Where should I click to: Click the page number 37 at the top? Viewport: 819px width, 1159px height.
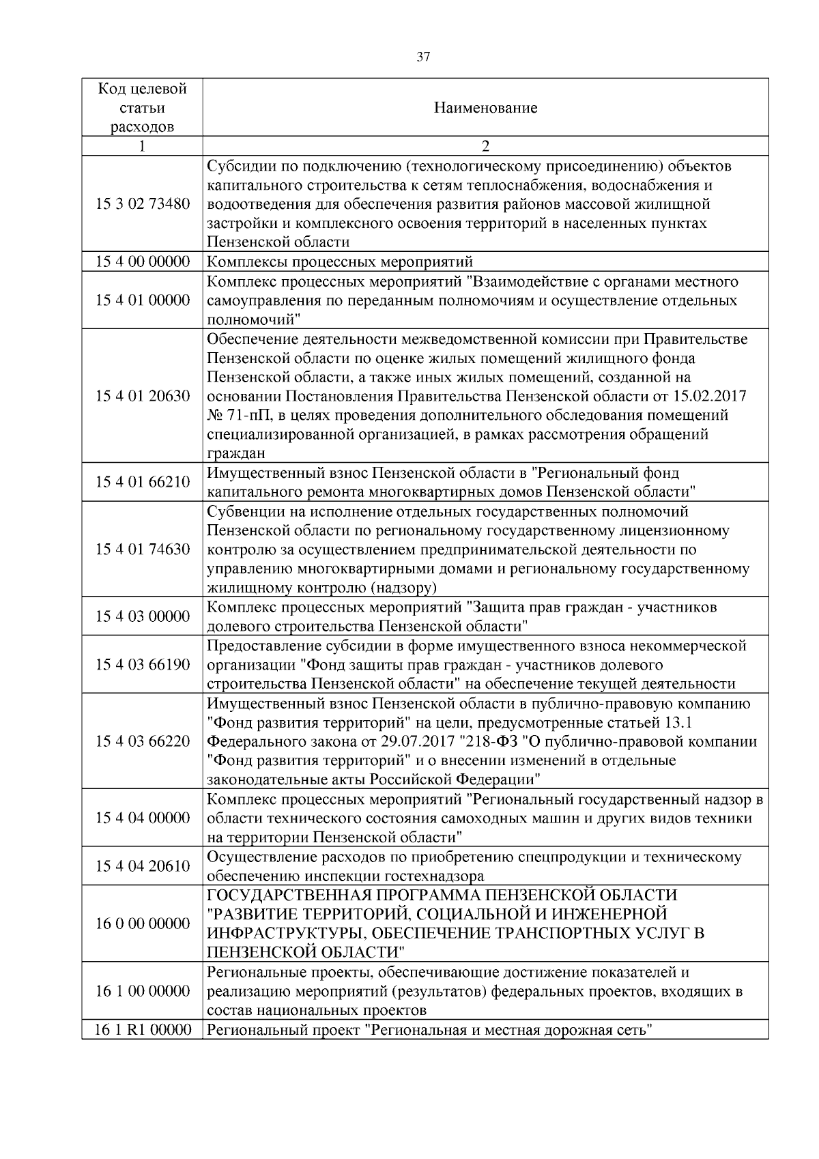point(423,57)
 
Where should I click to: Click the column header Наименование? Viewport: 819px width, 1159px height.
point(485,108)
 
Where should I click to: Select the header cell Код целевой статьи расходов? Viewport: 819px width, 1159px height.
point(142,108)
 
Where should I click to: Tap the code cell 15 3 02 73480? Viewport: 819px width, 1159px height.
point(143,204)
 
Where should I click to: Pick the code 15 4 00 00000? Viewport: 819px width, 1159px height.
point(143,262)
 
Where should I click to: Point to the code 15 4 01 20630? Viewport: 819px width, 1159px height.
point(143,396)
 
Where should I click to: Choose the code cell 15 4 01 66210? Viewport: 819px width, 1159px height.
point(143,483)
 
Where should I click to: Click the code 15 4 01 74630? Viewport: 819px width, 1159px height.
point(143,549)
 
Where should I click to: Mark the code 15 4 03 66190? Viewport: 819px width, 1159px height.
point(143,665)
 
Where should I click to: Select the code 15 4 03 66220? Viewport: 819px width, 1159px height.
point(143,741)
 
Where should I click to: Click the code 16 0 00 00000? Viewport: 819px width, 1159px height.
point(143,924)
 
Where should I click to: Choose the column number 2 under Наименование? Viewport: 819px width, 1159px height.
point(485,146)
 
